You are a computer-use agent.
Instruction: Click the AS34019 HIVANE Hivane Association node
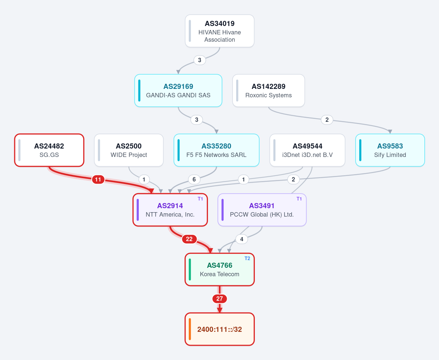(220, 31)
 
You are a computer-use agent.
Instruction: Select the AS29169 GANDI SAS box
(178, 91)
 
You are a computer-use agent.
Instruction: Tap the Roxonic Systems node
(268, 91)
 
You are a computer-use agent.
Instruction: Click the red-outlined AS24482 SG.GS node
(49, 150)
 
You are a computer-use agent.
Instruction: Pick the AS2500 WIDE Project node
(129, 150)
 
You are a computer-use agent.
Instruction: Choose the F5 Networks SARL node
(216, 150)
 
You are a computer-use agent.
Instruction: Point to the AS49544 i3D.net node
(308, 150)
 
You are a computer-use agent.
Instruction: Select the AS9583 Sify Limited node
(390, 150)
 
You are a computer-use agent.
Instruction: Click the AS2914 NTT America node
(170, 210)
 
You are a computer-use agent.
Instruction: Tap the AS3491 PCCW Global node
(262, 210)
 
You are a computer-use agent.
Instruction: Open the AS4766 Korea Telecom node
(220, 269)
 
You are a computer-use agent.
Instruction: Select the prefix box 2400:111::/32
(220, 329)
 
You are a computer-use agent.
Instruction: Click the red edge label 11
(98, 180)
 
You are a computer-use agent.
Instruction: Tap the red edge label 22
(189, 239)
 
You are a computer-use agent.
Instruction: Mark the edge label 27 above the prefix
(220, 299)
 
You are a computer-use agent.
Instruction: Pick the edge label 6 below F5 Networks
(194, 180)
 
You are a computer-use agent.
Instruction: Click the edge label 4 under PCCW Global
(242, 239)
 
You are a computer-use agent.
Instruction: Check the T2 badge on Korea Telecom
(247, 258)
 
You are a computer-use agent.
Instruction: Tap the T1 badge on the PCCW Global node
(299, 199)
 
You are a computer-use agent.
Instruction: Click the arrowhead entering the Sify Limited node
(390, 132)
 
